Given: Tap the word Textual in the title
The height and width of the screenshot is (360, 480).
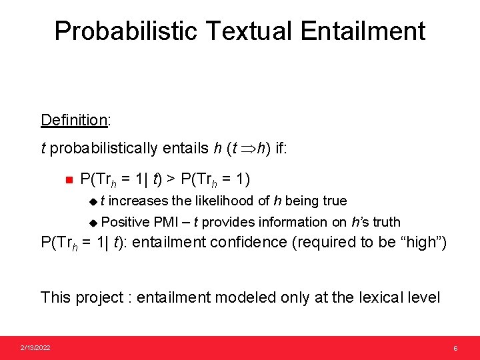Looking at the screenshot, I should coord(248,31).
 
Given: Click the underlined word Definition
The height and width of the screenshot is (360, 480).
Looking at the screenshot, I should coord(73,120).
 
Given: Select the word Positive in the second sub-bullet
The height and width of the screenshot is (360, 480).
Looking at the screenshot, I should coord(126,222).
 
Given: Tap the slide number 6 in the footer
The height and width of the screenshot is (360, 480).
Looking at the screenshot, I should coord(455,347).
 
